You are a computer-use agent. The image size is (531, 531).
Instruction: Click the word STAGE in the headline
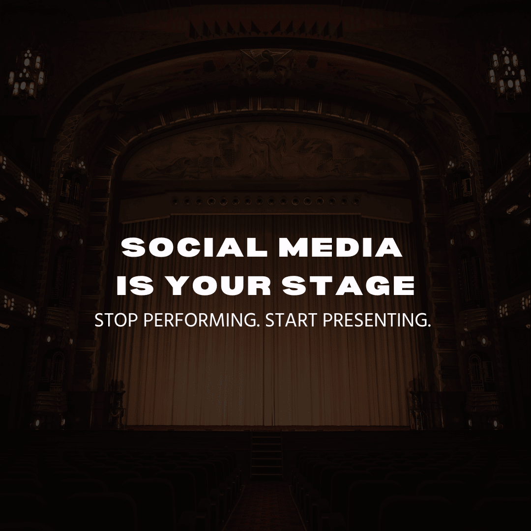349,286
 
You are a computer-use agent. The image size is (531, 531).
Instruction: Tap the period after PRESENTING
428,326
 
